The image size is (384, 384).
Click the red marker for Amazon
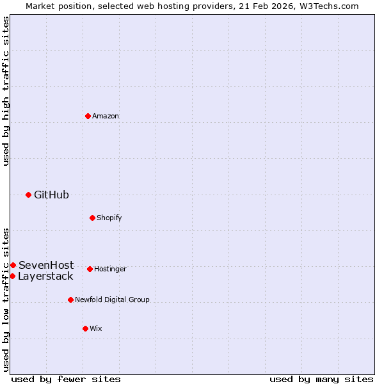[x=88, y=116]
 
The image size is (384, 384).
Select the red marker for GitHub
[x=28, y=195]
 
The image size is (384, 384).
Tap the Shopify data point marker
[x=92, y=218]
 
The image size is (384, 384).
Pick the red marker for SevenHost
[x=13, y=265]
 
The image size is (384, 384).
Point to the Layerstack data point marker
[x=12, y=276]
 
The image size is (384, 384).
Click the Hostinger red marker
[x=90, y=269]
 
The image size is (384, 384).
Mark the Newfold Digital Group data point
[x=70, y=300]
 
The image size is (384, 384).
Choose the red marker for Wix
[x=85, y=328]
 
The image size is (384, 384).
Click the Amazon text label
[x=106, y=116]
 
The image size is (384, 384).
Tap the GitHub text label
[x=51, y=195]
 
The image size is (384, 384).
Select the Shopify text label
[x=109, y=218]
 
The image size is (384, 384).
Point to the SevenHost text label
[x=46, y=265]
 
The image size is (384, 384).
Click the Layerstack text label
[x=45, y=276]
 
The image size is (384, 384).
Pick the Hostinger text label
[x=110, y=269]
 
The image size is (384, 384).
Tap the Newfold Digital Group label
[x=112, y=300]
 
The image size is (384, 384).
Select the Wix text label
[x=95, y=328]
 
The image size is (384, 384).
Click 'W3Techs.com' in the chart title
[x=330, y=6]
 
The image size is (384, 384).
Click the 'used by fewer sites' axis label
[x=66, y=379]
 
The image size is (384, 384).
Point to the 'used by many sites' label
[x=321, y=379]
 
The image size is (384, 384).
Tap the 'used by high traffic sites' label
[x=6, y=91]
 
